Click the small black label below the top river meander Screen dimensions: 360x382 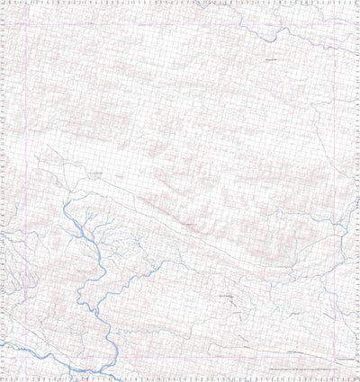coord(270,59)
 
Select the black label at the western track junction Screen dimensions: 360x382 coord(94,169)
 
